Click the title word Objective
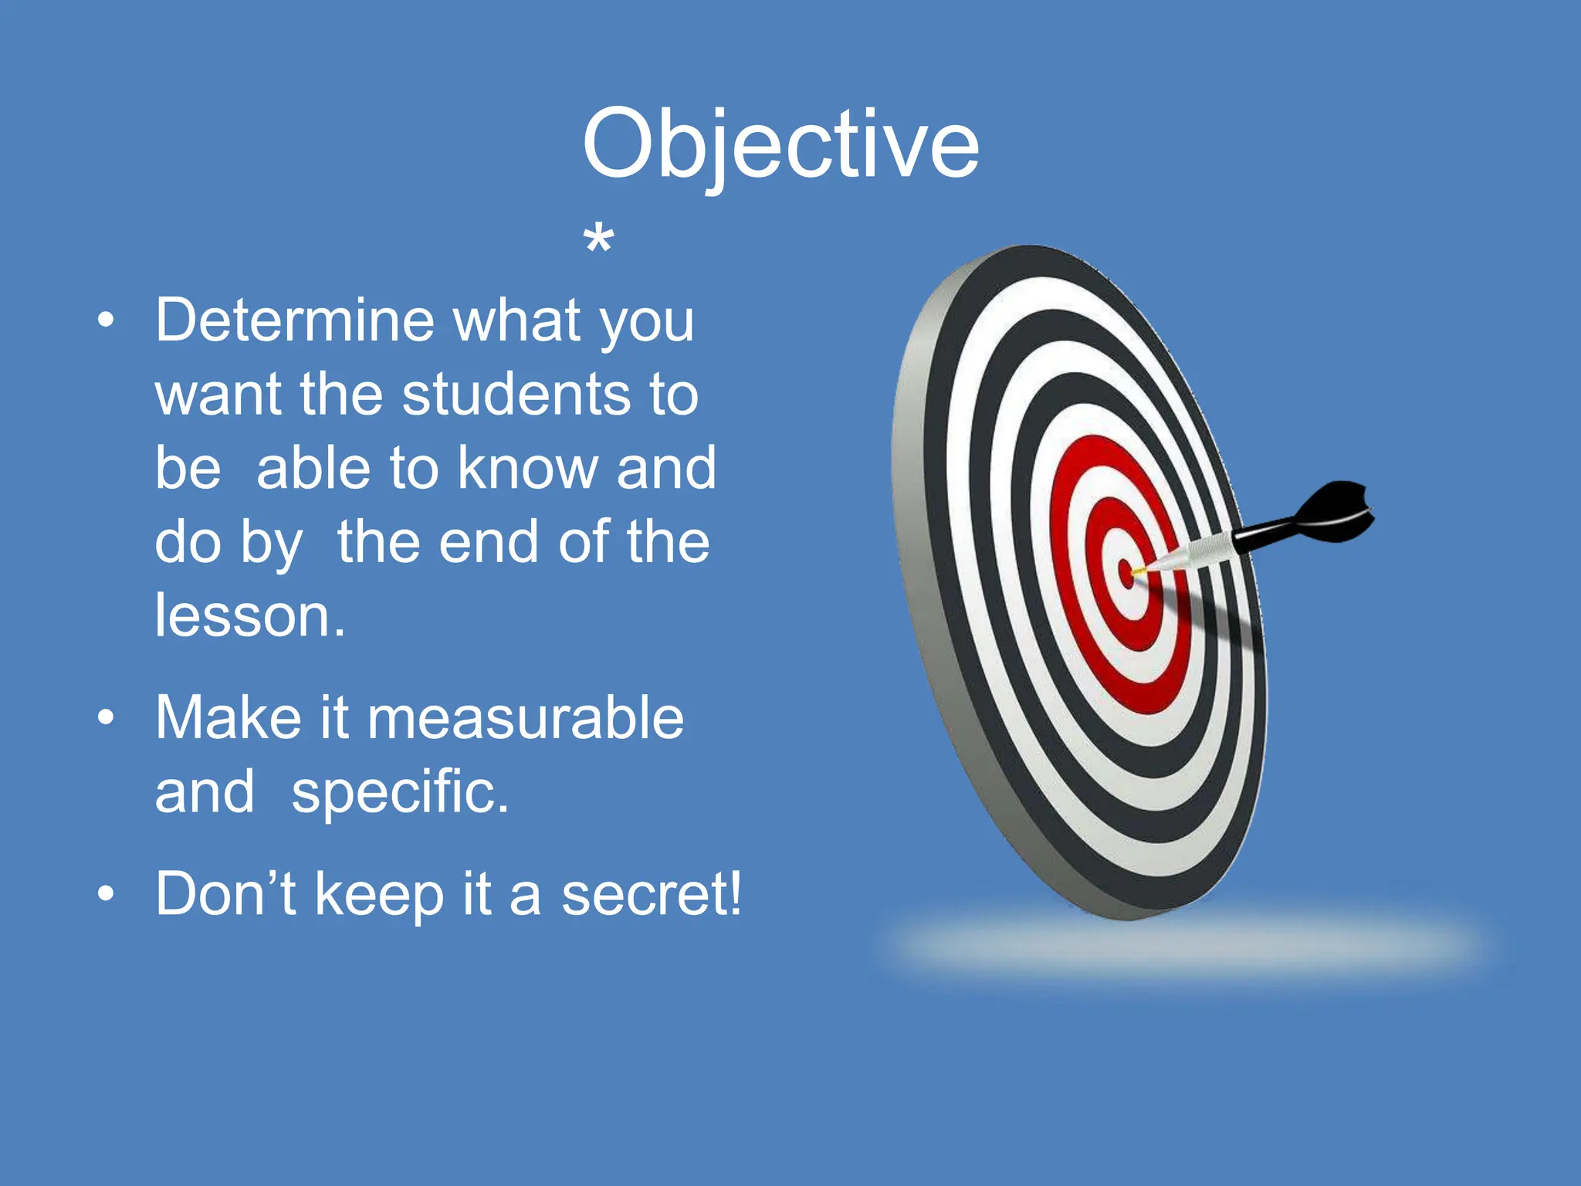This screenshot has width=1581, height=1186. [x=780, y=145]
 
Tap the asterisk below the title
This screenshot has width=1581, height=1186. [x=599, y=240]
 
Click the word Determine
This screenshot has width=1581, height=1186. [x=295, y=320]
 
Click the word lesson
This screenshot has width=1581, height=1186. [x=249, y=615]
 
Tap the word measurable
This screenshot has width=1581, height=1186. [x=525, y=717]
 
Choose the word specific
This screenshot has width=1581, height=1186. [x=399, y=792]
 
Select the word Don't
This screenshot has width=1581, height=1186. [x=225, y=894]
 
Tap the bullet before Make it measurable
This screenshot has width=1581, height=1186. [x=107, y=717]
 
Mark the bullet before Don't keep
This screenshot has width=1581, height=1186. [x=107, y=893]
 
